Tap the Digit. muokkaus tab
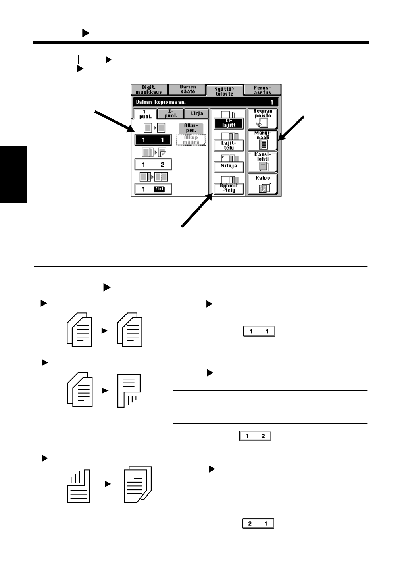click(x=149, y=90)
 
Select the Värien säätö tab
click(x=187, y=89)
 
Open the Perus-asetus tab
click(x=262, y=90)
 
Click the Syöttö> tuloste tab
click(x=225, y=91)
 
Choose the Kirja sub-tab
click(x=196, y=113)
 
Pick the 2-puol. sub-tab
click(x=171, y=114)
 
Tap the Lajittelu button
click(x=229, y=145)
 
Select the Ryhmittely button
click(x=229, y=188)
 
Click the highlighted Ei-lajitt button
click(x=229, y=123)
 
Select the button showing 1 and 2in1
click(x=153, y=189)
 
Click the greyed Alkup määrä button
click(x=191, y=140)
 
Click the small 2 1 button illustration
click(x=258, y=523)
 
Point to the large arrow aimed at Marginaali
click(x=291, y=128)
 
